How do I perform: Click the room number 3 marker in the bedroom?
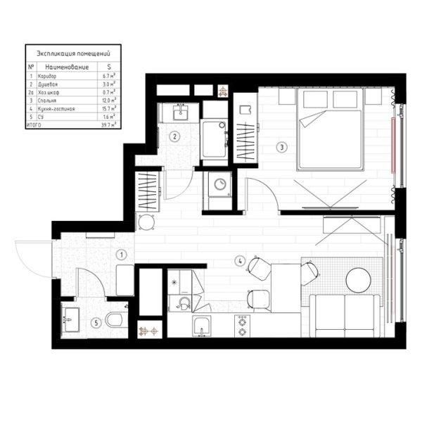coord(281,148)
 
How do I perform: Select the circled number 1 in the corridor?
coord(121,255)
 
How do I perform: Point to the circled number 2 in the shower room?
coord(177,136)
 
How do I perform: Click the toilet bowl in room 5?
coord(115,320)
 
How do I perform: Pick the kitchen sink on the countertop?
coord(203,326)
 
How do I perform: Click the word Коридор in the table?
coord(48,75)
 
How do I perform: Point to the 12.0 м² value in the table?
coord(108,101)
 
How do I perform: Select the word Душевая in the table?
coord(49,83)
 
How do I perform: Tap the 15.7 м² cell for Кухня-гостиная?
coord(108,109)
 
